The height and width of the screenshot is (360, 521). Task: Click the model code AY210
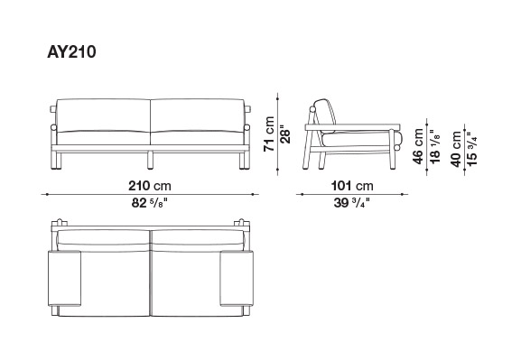click(71, 52)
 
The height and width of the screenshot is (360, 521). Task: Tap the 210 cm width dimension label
click(150, 186)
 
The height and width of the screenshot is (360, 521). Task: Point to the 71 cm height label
click(269, 134)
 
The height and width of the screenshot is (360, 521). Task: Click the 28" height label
click(285, 134)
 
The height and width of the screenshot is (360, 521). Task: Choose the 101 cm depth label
click(352, 186)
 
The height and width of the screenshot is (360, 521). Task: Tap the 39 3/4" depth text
click(351, 203)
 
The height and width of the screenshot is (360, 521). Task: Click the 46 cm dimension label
click(418, 146)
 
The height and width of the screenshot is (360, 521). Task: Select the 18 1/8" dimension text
click(434, 146)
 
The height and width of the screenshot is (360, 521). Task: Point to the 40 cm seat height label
click(456, 149)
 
